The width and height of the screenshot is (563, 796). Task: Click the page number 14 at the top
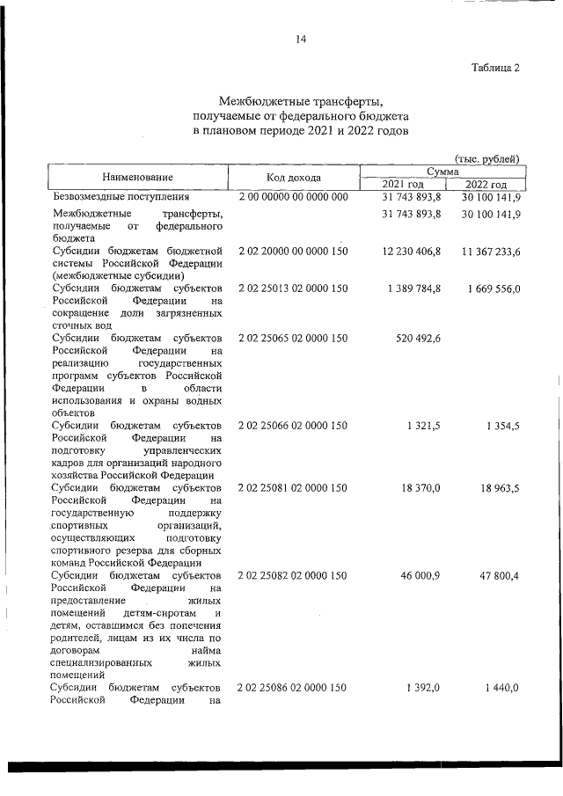[301, 39]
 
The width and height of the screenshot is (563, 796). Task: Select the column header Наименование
[136, 177]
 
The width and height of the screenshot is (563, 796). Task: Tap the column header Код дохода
[293, 177]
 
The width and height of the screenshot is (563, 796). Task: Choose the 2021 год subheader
[403, 184]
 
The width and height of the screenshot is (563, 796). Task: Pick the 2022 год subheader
[485, 184]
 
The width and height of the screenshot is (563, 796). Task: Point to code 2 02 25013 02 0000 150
[293, 288]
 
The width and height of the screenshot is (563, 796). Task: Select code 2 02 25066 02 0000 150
[293, 426]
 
